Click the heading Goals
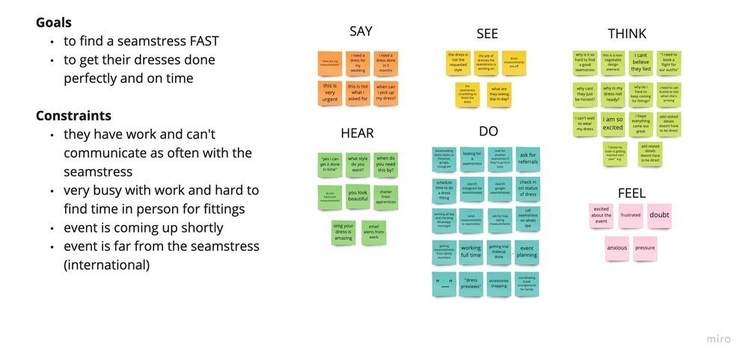pos(53,22)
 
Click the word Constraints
pos(73,116)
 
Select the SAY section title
pos(361,31)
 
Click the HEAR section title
pos(357,133)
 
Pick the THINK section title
pos(627,33)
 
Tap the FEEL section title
pos(631,193)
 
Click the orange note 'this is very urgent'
pos(329,92)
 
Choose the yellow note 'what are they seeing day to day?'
pos(499,94)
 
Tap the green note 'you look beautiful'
pos(358,196)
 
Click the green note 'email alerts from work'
pos(374,233)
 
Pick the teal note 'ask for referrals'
pos(527,159)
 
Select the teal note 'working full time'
pos(470,251)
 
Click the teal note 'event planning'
pos(527,251)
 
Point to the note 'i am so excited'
pos(613,123)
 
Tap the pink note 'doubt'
pos(659,215)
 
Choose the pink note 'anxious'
pos(617,248)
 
